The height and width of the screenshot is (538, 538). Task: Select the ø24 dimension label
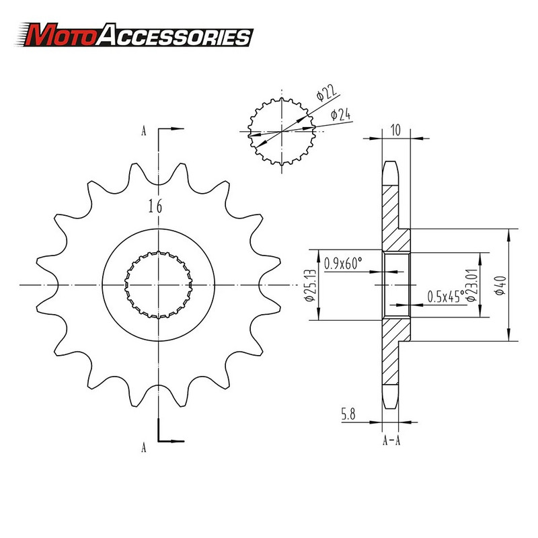pos(341,116)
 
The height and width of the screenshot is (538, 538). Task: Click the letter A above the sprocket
pos(143,131)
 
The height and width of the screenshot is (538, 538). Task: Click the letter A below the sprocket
pos(143,446)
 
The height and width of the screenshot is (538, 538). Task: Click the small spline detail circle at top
pos(282,130)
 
